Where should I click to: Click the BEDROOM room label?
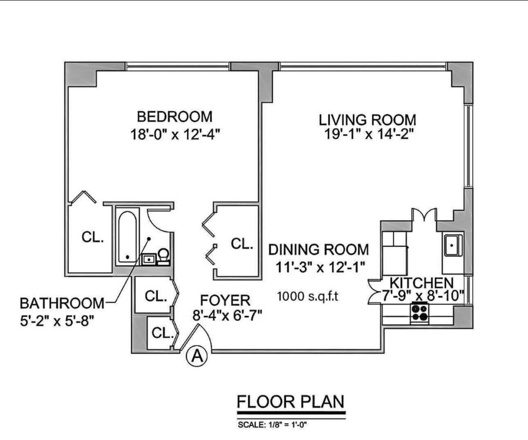click(175, 117)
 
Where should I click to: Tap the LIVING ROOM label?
click(367, 120)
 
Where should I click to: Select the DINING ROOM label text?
click(319, 249)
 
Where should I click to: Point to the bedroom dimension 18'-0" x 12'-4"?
click(175, 135)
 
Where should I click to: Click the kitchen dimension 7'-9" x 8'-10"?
click(423, 296)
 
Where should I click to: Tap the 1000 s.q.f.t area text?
click(307, 296)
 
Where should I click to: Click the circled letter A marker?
click(197, 356)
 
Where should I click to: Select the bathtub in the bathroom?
click(128, 237)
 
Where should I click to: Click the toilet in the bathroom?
click(164, 257)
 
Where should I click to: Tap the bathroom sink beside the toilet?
click(148, 260)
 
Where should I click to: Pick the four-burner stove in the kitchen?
click(419, 313)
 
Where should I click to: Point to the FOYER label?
click(225, 300)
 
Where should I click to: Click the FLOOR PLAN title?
click(291, 402)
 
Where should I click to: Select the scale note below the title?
click(272, 425)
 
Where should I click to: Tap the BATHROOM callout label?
click(62, 303)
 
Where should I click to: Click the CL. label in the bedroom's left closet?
click(93, 237)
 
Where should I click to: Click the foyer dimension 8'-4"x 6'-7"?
click(227, 316)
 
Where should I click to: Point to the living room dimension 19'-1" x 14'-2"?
click(369, 134)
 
